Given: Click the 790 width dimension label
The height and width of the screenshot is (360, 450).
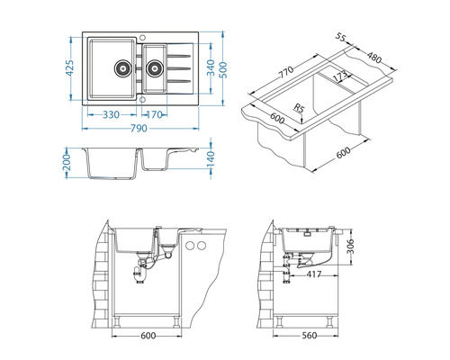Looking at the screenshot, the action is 139,129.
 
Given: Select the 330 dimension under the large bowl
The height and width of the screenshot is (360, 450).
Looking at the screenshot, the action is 111,114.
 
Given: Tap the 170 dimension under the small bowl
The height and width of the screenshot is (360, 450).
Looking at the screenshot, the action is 154,114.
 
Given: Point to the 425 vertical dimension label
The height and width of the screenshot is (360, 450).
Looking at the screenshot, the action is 69,68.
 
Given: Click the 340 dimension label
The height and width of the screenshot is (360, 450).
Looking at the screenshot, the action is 211,67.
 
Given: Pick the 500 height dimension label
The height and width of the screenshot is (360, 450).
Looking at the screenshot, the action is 224,70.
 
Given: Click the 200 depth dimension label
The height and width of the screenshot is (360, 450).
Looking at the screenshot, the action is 67,163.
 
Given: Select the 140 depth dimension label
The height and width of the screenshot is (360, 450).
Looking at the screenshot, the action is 211,159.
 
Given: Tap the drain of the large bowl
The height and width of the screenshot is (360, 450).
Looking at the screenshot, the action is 122,68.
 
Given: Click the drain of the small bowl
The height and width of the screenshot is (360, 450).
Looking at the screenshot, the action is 155,68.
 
